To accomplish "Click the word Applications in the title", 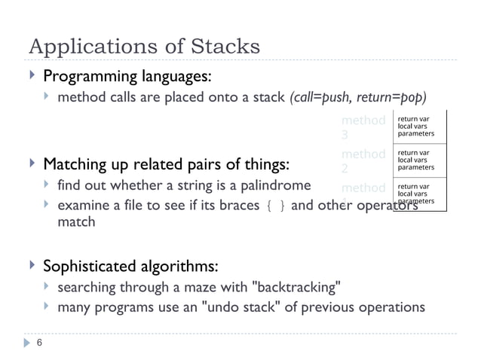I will tap(89, 47).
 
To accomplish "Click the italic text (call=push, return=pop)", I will tap(358, 98).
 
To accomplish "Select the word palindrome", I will tap(277, 185).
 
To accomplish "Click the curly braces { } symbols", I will tap(272, 205).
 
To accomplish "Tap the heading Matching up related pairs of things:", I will tap(169, 163).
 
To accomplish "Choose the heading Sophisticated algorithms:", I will tap(131, 266).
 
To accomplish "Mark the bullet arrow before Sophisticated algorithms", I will tap(31, 266).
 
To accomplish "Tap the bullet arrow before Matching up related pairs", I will tap(31, 163).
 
